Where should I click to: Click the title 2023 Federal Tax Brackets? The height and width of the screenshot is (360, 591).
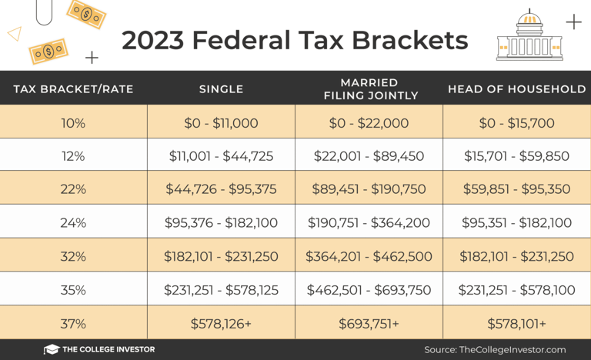tap(295, 39)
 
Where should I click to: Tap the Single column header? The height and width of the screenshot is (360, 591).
tap(221, 89)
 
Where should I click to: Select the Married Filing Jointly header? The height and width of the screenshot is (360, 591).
tap(370, 89)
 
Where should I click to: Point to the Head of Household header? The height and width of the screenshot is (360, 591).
tap(516, 89)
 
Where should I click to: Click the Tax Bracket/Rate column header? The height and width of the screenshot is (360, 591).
tap(73, 89)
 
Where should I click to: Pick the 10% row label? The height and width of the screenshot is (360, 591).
tap(73, 123)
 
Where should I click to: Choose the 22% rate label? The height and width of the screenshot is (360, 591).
tap(73, 189)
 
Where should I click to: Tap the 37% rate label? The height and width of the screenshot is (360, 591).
tap(73, 324)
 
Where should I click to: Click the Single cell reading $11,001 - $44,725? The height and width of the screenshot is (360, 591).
tap(221, 156)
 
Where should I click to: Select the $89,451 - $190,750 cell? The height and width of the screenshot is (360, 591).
tap(369, 189)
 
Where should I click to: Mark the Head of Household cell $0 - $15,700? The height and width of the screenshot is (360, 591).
tap(516, 123)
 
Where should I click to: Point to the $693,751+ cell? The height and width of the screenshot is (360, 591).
tap(369, 324)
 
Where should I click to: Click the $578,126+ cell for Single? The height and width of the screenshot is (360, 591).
tap(221, 324)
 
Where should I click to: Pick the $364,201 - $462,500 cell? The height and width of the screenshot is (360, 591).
tap(369, 257)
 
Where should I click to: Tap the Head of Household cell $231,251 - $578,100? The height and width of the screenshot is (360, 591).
tap(516, 290)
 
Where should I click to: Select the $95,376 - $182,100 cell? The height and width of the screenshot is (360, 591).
tap(221, 223)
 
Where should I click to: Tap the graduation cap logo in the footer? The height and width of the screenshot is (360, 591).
tap(52, 349)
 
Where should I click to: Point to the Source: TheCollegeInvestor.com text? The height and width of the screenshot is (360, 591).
tap(495, 349)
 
